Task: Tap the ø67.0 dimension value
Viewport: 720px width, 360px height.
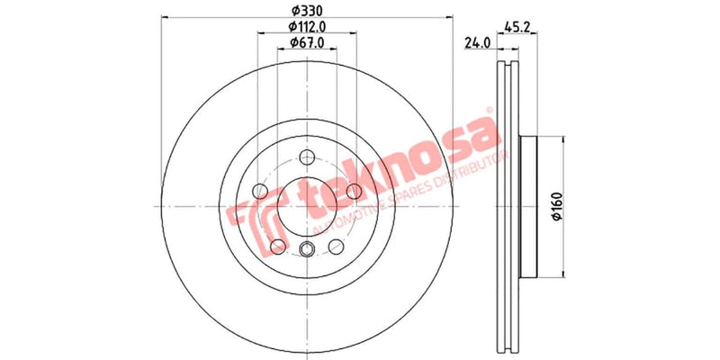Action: (x=306, y=43)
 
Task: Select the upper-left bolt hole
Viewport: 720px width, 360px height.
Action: (x=260, y=190)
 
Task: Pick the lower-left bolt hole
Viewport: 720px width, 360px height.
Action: (x=277, y=247)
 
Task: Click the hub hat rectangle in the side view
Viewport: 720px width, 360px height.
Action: (x=528, y=206)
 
